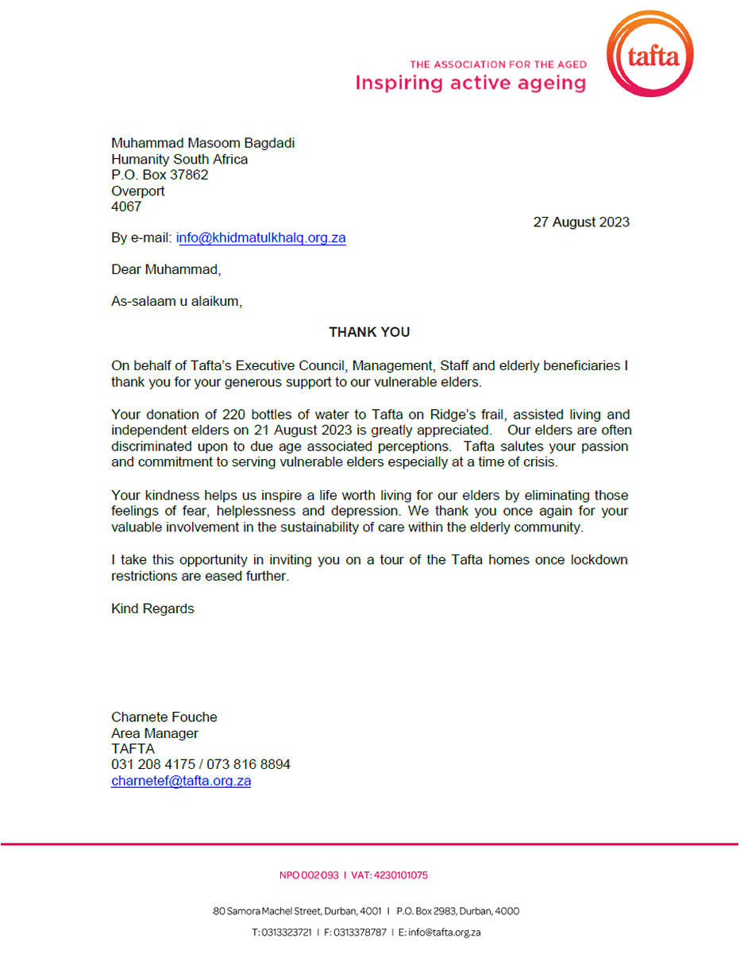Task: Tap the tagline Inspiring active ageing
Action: pos(470,83)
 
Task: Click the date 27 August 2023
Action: pos(580,222)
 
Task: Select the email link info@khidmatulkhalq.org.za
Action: pos(261,238)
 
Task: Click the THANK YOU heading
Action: pos(369,332)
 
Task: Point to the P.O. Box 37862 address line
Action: pos(160,175)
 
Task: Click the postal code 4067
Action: pos(126,207)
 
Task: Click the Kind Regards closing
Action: pos(152,609)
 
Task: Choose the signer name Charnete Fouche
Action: pos(164,717)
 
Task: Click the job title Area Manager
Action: pos(155,733)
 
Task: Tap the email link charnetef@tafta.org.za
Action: pos(181,781)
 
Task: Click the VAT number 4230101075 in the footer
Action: pos(400,875)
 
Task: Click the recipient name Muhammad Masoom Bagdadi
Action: pos(197,143)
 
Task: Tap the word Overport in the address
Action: pos(138,191)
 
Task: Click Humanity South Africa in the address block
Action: pos(179,159)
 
